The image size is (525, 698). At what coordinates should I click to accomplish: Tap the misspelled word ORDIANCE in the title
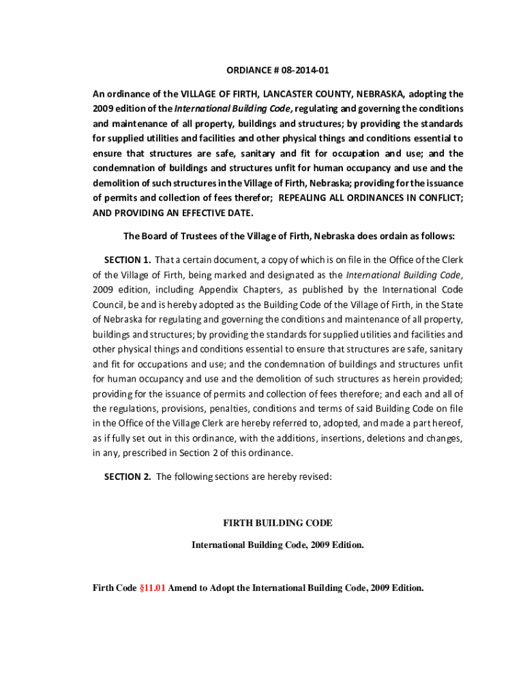pyautogui.click(x=249, y=70)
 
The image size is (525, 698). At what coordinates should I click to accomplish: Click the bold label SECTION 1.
pyautogui.click(x=127, y=260)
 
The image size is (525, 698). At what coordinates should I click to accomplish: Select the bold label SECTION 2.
pyautogui.click(x=127, y=477)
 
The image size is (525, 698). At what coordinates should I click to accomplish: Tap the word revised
pyautogui.click(x=313, y=477)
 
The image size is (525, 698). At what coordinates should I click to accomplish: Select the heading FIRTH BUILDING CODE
pyautogui.click(x=277, y=523)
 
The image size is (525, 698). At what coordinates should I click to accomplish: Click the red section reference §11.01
pyautogui.click(x=152, y=588)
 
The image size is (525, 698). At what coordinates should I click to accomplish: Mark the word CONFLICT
pyautogui.click(x=439, y=198)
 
